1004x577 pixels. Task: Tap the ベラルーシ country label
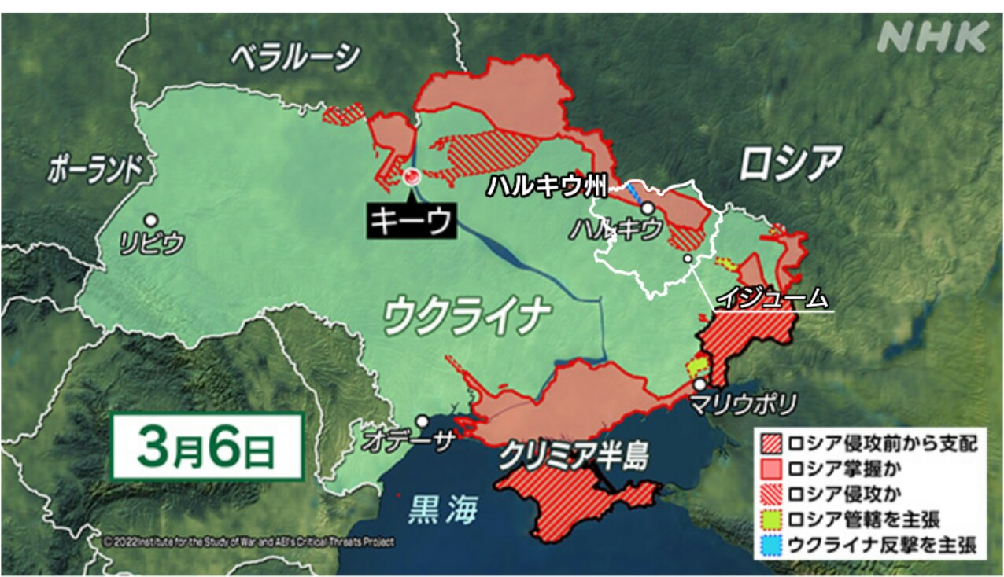295,57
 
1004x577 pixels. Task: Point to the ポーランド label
95,168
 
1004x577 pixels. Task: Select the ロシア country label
790,163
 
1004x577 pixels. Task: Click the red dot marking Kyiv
410,177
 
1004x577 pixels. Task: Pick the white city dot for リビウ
150,221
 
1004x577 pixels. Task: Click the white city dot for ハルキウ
647,208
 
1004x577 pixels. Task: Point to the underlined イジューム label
773,299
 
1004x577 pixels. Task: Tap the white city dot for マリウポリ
699,384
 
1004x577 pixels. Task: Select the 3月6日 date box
207,447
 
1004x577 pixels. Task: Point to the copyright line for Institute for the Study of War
249,542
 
